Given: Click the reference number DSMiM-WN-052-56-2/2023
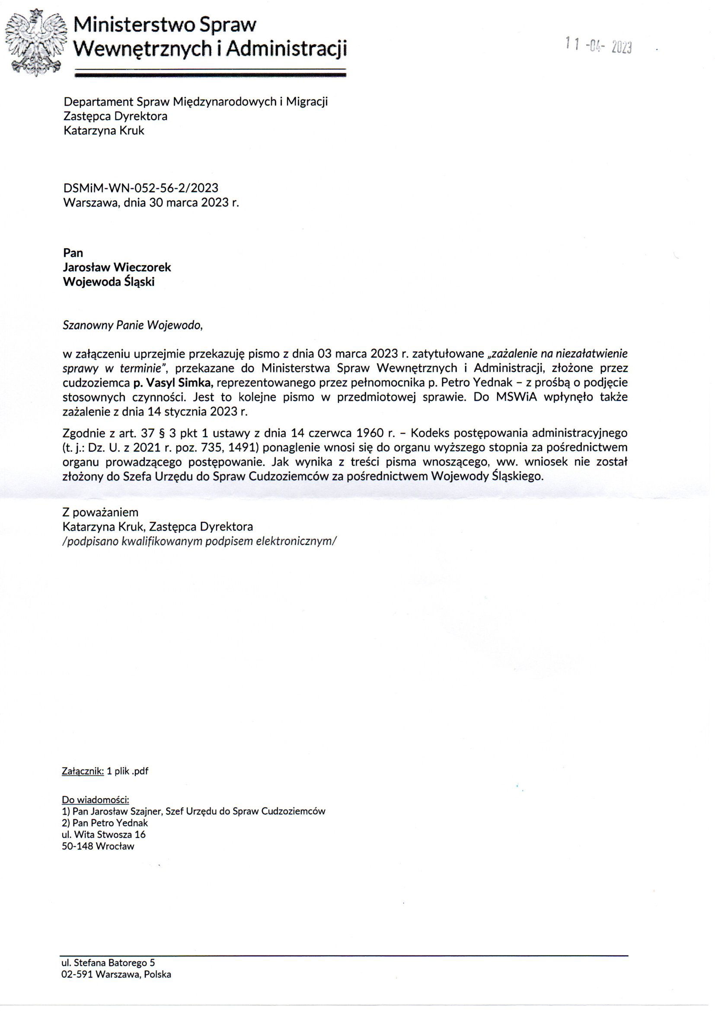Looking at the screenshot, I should tap(141, 188).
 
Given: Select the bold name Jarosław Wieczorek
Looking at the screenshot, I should tap(117, 267).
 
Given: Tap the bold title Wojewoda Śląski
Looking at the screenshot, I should tap(109, 282).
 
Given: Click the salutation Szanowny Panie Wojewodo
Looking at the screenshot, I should tap(133, 325).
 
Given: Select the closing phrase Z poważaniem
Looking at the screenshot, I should tap(100, 512).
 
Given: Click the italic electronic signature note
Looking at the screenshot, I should tap(199, 541).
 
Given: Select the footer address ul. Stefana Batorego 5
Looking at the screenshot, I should tap(108, 963).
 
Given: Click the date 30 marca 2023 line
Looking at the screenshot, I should tap(151, 202).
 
